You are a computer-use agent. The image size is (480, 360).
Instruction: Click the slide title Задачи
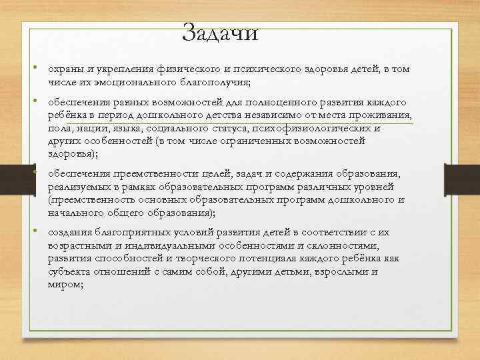pos(219,33)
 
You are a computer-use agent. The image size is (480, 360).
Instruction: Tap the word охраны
pos(63,70)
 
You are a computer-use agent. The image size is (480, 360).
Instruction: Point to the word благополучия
pos(214,82)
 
